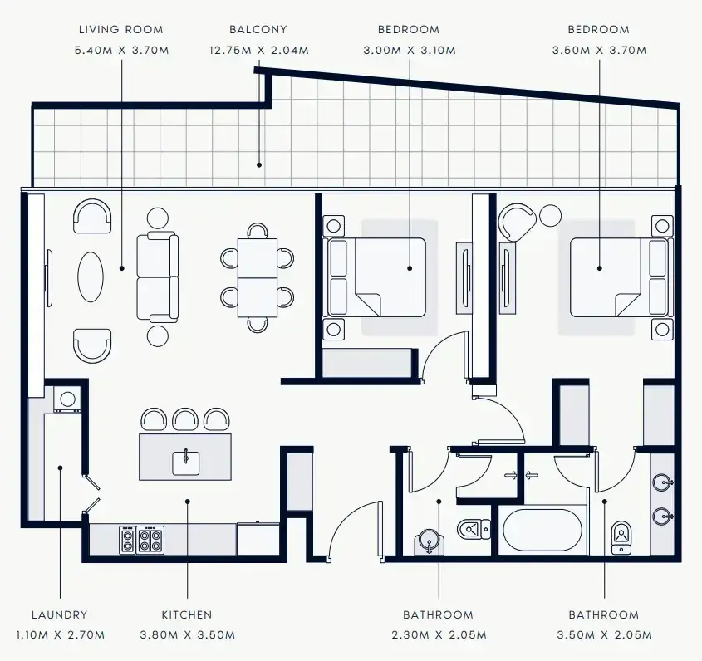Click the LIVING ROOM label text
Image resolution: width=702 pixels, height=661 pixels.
[121, 30]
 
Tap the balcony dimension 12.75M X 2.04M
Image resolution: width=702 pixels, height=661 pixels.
[258, 50]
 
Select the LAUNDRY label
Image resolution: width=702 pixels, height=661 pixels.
[60, 614]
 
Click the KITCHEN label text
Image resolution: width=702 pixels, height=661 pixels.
[187, 614]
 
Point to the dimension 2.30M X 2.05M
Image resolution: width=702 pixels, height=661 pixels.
[439, 635]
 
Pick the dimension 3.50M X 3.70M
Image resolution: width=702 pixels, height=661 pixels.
[599, 50]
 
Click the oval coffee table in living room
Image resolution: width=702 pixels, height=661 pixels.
[91, 277]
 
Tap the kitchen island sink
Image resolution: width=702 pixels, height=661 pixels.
[186, 463]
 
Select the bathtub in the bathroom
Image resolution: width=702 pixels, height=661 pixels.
[542, 530]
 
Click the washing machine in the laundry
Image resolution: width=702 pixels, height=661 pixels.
[67, 399]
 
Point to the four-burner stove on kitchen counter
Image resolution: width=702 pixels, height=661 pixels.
[150, 540]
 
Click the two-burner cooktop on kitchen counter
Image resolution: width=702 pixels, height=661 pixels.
[127, 540]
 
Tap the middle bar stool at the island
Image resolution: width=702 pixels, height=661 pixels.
[185, 419]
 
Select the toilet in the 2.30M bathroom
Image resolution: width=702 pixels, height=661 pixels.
[474, 530]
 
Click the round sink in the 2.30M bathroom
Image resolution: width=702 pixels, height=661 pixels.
[429, 542]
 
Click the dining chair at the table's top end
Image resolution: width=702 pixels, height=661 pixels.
[258, 231]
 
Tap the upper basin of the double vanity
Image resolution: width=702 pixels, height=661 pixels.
[663, 483]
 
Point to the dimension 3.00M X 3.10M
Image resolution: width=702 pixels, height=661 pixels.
[410, 50]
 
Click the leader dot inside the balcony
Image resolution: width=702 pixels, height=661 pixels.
[258, 165]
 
